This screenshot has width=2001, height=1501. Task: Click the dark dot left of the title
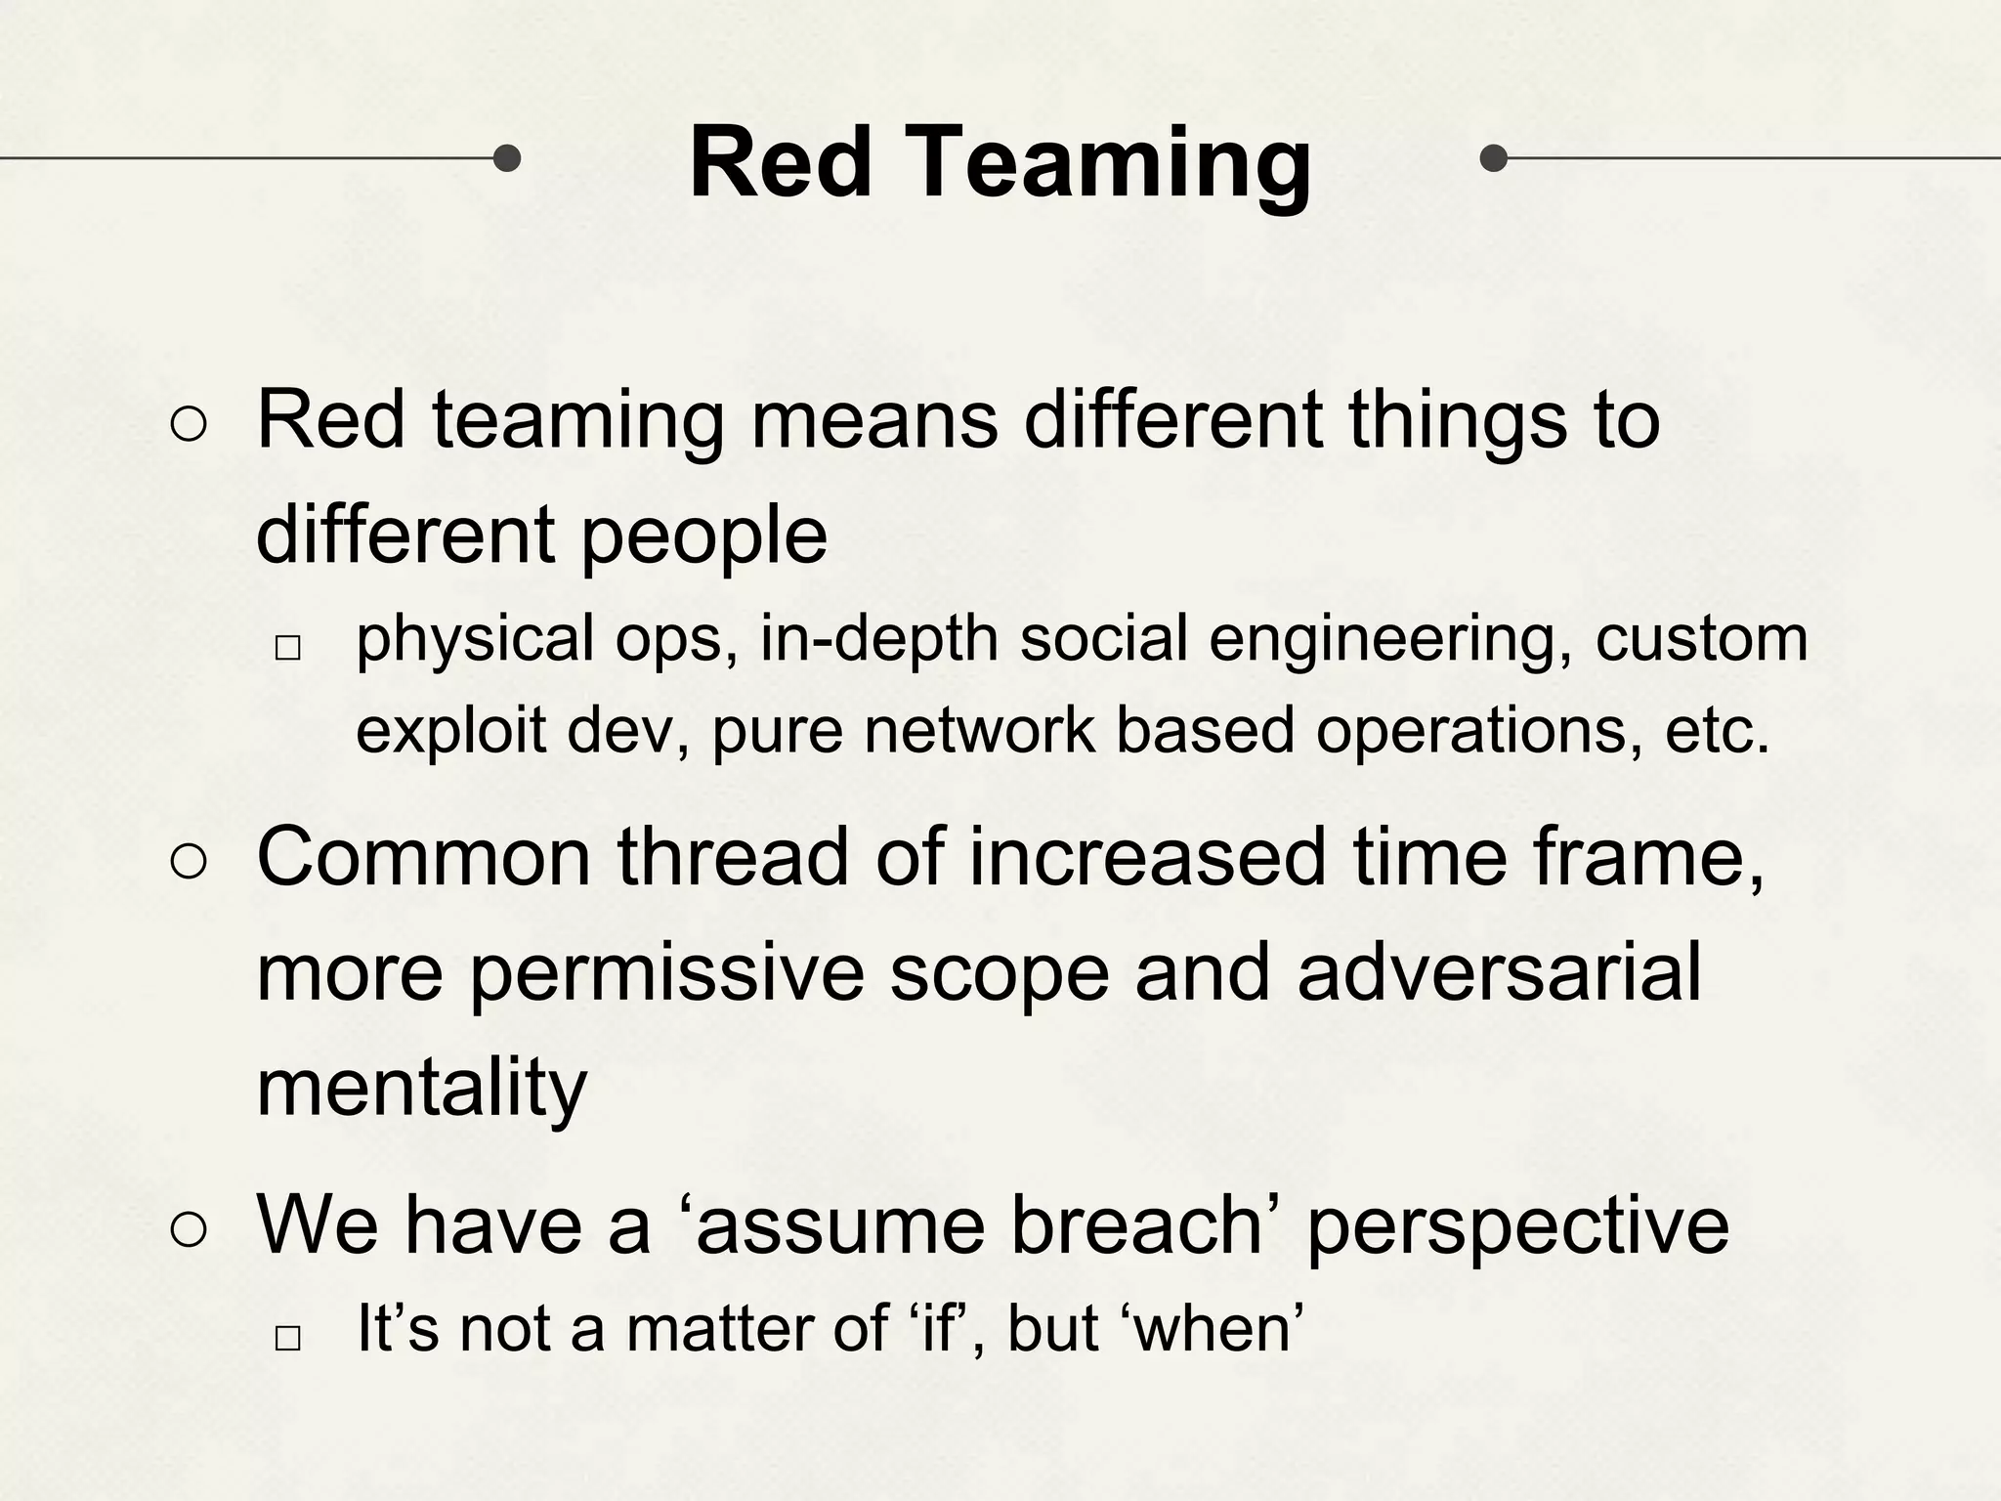(x=506, y=157)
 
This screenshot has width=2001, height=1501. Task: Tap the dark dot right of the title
(x=1493, y=157)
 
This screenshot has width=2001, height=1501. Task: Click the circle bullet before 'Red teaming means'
(x=189, y=425)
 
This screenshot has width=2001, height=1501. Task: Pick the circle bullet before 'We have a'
(x=189, y=1230)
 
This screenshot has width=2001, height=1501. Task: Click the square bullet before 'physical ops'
(x=287, y=648)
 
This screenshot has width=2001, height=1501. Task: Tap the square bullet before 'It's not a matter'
(x=287, y=1338)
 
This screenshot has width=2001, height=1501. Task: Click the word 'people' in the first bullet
(x=703, y=537)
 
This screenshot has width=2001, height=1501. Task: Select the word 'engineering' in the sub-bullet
(x=1388, y=639)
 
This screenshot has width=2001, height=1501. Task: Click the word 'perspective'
(x=1517, y=1229)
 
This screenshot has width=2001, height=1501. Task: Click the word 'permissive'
(x=666, y=974)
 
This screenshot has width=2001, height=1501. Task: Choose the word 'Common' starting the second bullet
(x=424, y=857)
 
